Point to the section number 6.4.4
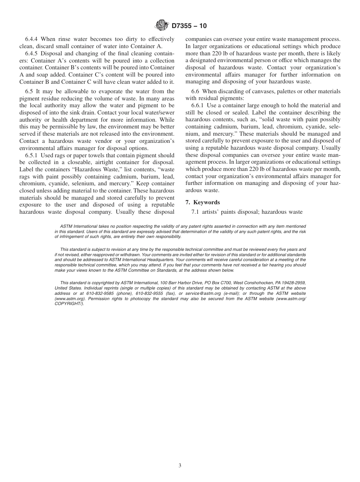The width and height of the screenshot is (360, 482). [x=32, y=39]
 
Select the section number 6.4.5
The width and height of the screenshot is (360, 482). [x=32, y=53]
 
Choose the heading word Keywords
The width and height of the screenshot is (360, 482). [x=207, y=202]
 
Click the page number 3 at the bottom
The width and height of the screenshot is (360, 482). [x=180, y=466]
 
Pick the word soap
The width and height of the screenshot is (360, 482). [x=40, y=74]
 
